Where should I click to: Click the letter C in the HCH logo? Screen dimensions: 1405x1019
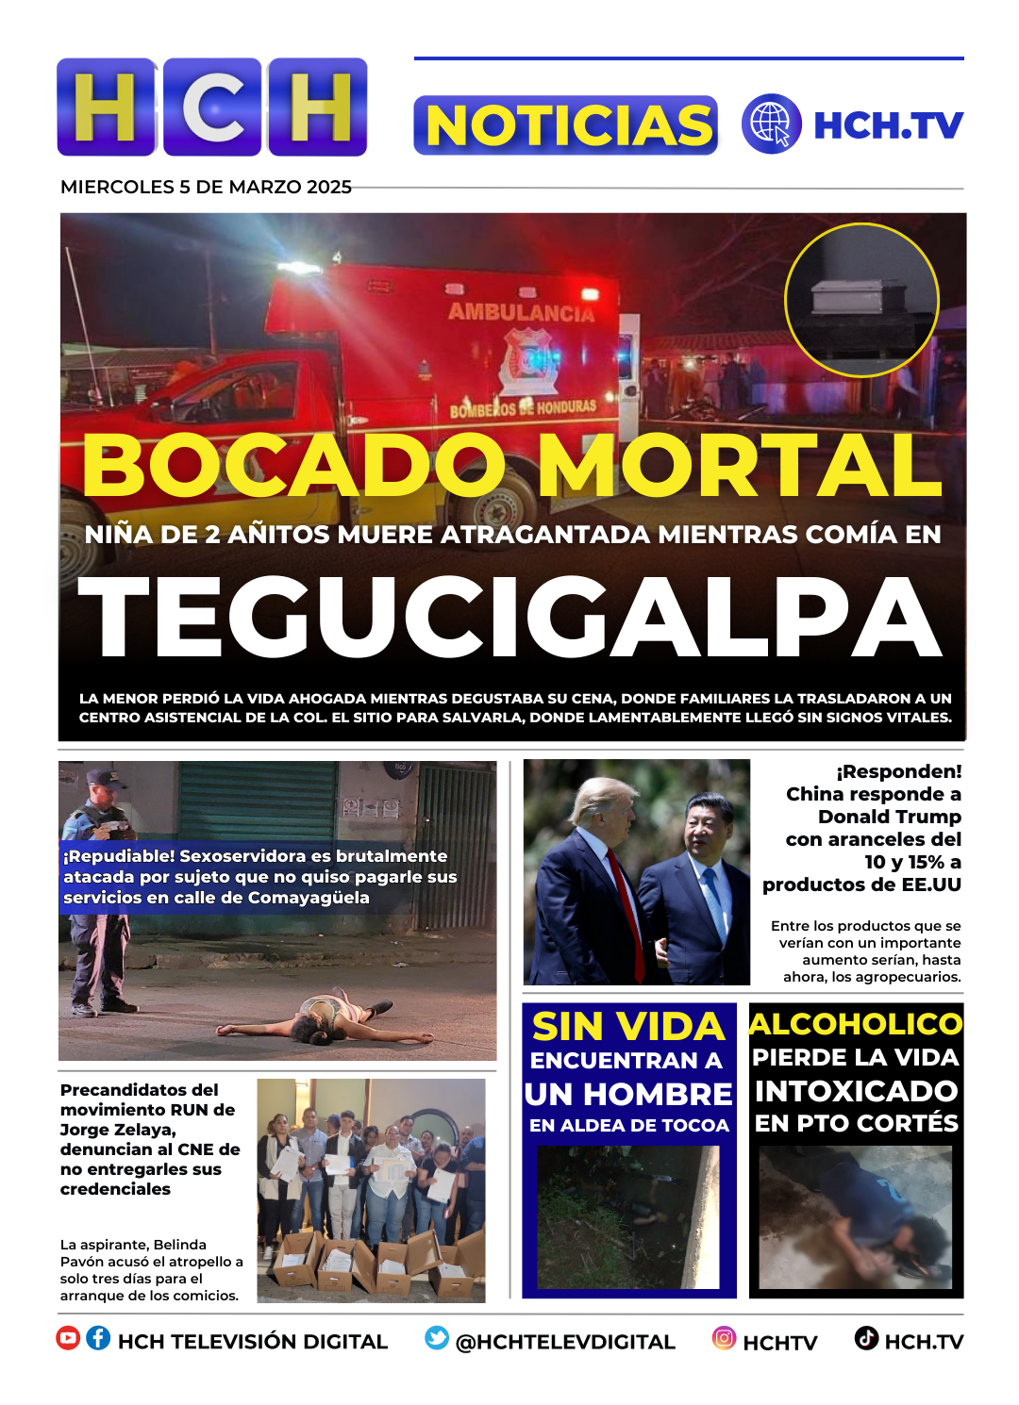213,107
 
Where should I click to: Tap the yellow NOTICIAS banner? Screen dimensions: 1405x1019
566,125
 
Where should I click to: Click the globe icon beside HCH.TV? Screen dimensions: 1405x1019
771,124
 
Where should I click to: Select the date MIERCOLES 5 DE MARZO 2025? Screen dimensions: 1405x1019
206,187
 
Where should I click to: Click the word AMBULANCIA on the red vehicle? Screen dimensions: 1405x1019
521,312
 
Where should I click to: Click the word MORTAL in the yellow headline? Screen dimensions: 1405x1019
740,466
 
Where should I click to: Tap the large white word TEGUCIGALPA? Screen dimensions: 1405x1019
510,618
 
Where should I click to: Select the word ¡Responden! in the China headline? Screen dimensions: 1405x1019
898,771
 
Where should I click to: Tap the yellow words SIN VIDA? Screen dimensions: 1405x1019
628,1027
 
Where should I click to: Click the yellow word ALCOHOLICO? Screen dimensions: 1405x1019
856,1024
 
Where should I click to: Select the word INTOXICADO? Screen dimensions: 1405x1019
856,1091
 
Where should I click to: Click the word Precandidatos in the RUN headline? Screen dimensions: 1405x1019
139,1090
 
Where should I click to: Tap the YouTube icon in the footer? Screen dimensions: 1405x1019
68,1338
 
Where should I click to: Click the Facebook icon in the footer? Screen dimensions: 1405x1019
98,1338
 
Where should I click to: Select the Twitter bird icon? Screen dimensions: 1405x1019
437,1338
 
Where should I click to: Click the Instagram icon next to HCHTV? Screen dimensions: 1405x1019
724,1338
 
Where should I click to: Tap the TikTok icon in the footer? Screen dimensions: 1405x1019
866,1338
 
